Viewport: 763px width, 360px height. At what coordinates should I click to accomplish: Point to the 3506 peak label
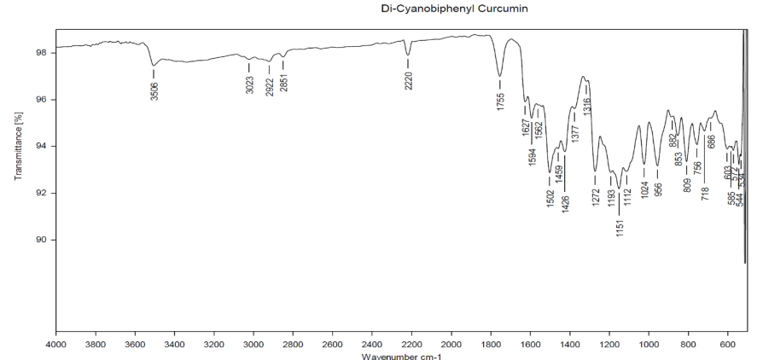coord(154,90)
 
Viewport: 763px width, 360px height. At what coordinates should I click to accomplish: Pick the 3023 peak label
coord(249,84)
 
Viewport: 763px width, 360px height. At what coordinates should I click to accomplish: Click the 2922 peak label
coord(270,86)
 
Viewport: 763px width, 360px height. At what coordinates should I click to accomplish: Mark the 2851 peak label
coord(283,84)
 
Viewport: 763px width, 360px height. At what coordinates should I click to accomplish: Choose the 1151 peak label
coord(620,226)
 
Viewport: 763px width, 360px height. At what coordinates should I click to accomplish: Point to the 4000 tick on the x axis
coord(56,344)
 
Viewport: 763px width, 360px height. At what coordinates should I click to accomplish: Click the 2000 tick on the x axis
coord(451,344)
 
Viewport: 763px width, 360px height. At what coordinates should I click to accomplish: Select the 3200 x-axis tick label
coord(214,344)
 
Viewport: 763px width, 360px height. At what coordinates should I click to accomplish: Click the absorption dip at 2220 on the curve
coord(408,55)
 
